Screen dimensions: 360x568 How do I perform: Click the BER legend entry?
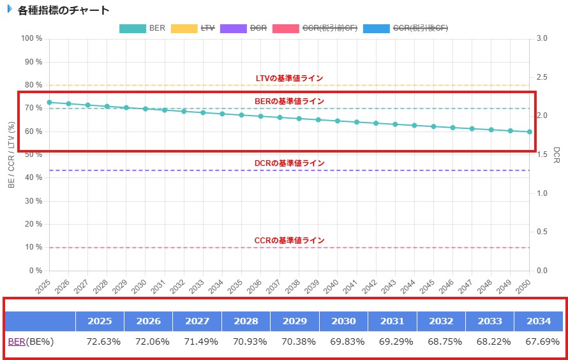pos(142,28)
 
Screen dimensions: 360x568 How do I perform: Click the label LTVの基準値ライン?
pos(289,79)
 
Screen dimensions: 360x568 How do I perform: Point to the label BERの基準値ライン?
pos(289,101)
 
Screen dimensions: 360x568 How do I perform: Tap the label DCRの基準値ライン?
pos(289,163)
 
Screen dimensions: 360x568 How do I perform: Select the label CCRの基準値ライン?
pos(289,241)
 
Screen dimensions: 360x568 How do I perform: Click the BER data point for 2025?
pos(49,102)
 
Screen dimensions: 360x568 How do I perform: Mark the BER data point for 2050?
pos(529,131)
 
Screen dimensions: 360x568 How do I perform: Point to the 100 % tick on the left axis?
pos(31,38)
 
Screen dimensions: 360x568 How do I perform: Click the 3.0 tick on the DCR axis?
pos(541,38)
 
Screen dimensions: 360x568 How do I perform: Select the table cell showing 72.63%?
pos(103,341)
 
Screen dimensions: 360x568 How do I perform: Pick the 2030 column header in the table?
pos(343,321)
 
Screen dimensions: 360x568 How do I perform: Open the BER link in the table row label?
pos(17,341)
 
